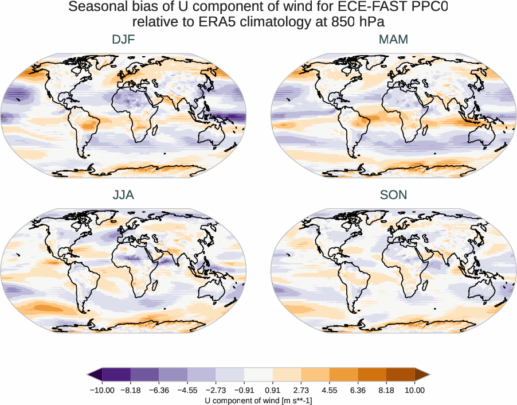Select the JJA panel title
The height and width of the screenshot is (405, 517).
[x=124, y=195]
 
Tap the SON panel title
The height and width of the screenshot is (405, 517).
[x=393, y=195]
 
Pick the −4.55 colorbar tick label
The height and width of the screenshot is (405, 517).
[x=187, y=390]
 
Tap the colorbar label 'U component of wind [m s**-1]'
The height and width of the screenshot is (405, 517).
[x=258, y=400]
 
